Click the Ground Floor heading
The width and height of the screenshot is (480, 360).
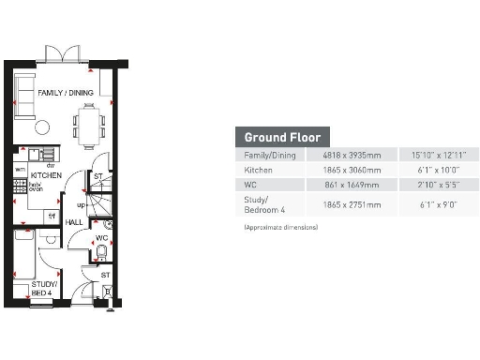(282, 137)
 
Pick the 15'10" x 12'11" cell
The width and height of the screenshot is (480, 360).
(432, 155)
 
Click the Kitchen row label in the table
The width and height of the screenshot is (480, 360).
(259, 171)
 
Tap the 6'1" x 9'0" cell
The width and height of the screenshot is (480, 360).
(432, 204)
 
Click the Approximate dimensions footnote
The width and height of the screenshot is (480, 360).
(280, 227)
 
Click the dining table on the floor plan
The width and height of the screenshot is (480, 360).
(90, 123)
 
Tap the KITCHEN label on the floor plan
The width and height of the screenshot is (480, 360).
(47, 175)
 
